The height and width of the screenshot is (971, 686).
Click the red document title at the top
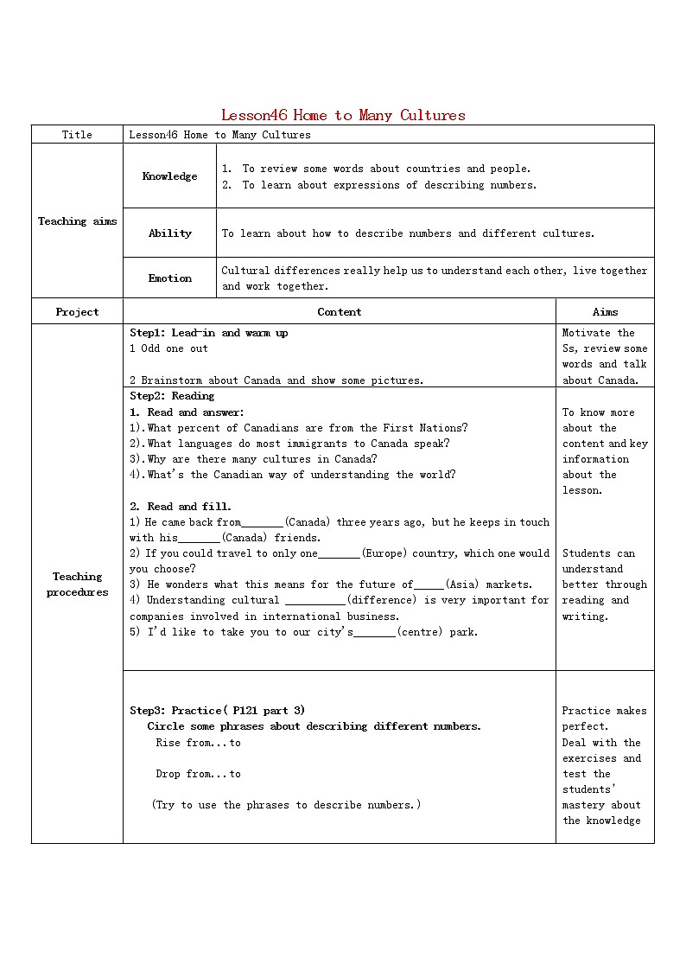tap(343, 115)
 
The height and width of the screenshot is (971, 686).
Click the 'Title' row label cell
tap(77, 135)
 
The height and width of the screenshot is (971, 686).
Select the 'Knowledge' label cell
tap(169, 176)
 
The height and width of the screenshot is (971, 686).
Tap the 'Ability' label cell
tap(169, 233)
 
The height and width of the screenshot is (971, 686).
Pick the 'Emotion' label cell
tap(169, 278)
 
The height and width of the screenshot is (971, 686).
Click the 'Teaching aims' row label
tap(77, 221)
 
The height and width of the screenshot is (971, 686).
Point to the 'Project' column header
tap(77, 312)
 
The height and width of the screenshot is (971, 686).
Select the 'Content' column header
tap(339, 312)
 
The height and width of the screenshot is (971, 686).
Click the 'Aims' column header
tap(605, 312)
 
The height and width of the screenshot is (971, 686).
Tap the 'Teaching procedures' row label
tap(77, 585)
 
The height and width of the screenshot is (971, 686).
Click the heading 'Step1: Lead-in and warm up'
tap(208, 333)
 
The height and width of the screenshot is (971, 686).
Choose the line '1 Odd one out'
tap(168, 348)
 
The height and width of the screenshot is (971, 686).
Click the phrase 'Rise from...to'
tap(198, 743)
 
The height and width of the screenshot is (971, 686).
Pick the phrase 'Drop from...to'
tap(198, 774)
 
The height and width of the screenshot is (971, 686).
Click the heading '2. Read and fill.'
tap(181, 507)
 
